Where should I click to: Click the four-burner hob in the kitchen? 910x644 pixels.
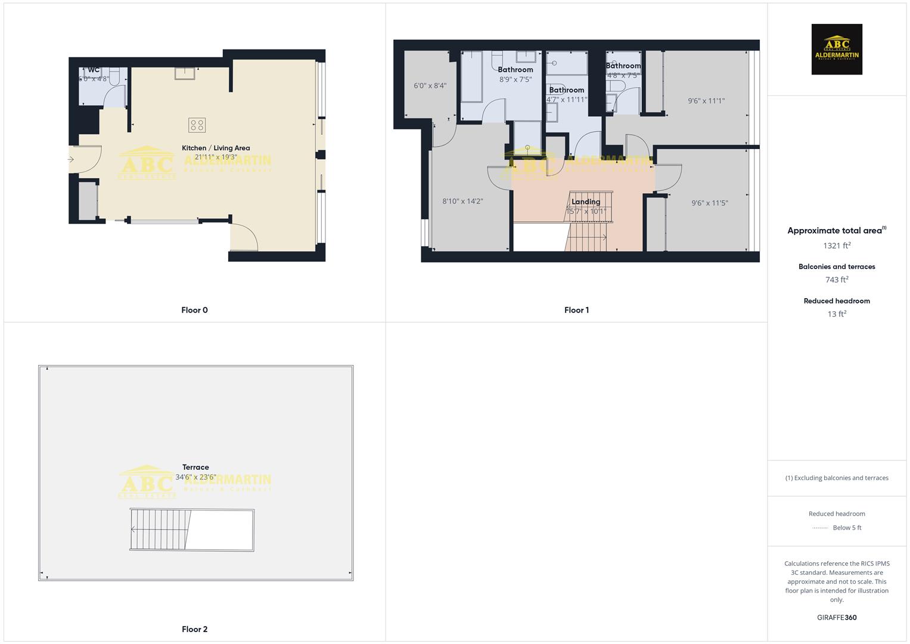point(197,125)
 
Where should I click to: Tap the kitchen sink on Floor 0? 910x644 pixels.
point(185,73)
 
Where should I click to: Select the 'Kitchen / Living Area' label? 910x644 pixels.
point(216,148)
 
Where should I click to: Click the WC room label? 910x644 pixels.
point(94,70)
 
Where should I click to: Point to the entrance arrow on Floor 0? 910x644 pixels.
point(71,159)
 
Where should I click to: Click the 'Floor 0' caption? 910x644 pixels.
point(194,310)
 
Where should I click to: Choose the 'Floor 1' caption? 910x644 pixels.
point(576,310)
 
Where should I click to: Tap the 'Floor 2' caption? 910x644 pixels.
point(194,629)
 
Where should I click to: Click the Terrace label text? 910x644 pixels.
point(195,467)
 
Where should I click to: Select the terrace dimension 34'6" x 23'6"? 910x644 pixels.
point(195,477)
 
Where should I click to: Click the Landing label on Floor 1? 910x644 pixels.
point(586,202)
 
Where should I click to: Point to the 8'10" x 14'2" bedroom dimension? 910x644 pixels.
point(462,202)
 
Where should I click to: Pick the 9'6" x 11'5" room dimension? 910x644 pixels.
point(710,203)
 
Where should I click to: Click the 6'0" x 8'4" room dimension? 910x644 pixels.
point(430,86)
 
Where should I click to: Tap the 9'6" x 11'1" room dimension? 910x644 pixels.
point(706,101)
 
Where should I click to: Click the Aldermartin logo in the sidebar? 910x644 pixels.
point(837,49)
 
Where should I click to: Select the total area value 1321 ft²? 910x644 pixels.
point(837,246)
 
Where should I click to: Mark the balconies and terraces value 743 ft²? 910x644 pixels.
point(837,280)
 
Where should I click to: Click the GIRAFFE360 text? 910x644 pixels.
point(837,618)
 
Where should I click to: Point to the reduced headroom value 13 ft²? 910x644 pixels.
point(837,314)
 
